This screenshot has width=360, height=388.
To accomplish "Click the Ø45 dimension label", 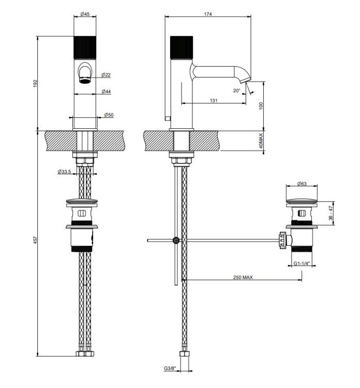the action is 85,14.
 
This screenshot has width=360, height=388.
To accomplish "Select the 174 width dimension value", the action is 208,14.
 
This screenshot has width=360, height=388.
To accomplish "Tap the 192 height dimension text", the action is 35,83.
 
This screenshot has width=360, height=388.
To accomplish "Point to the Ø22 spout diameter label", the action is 106,74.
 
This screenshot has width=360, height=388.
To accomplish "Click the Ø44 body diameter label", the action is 106,92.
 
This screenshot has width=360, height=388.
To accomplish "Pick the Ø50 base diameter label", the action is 109,115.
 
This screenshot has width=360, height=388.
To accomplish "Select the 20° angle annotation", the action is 236,91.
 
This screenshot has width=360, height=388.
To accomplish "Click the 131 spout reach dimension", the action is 214,100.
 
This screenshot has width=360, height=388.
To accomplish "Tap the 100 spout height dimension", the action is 261,106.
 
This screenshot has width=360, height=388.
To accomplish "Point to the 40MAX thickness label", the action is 261,141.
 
